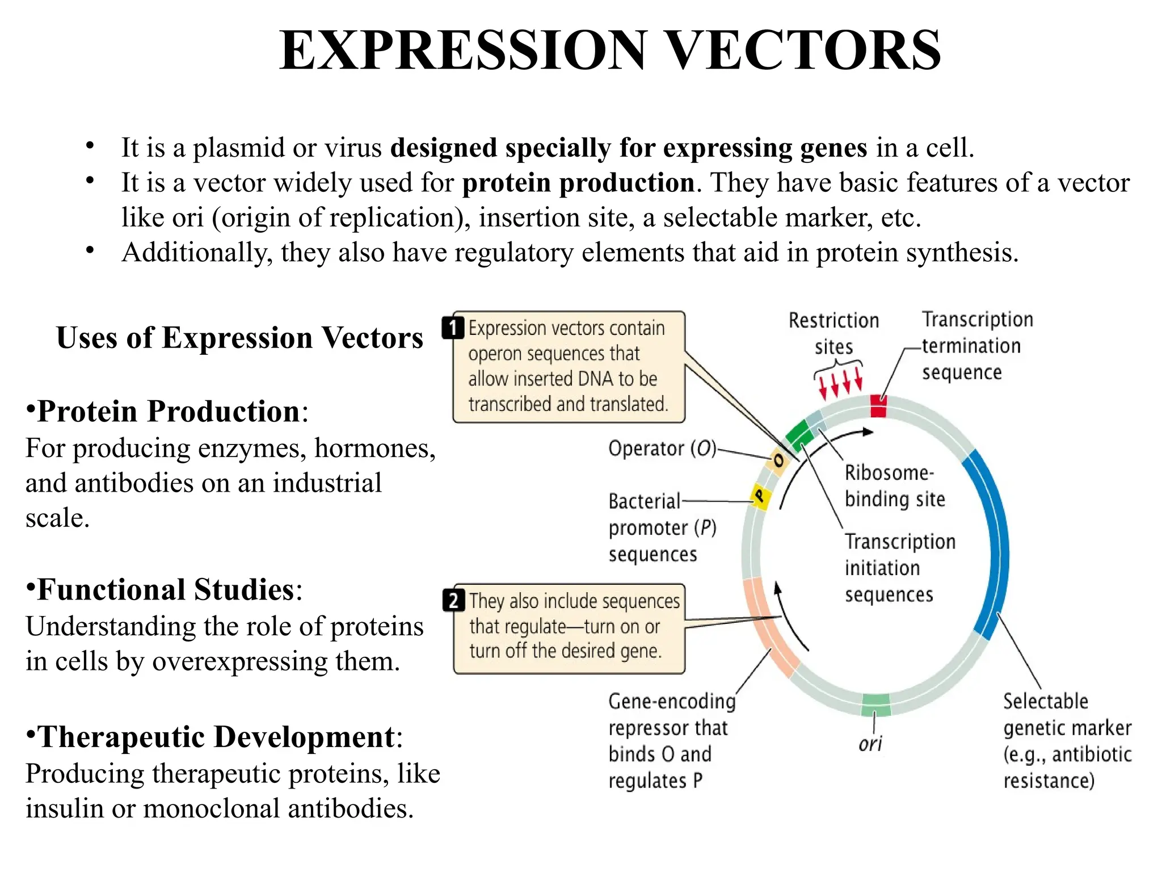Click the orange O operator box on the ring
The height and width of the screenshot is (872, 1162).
(x=778, y=460)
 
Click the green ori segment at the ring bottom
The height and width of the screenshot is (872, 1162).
(x=876, y=705)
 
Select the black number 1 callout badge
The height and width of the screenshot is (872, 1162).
(x=453, y=328)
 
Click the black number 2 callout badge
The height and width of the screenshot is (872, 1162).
(x=453, y=600)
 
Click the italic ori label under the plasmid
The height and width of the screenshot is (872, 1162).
(x=870, y=744)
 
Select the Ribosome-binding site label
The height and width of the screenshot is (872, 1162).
(x=894, y=486)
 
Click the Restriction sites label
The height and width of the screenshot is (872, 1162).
(x=833, y=333)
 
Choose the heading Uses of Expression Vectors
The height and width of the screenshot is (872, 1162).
(x=239, y=338)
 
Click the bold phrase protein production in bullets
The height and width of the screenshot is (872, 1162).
(x=578, y=183)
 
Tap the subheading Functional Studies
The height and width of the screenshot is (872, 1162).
(x=166, y=589)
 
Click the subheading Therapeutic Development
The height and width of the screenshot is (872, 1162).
(x=216, y=737)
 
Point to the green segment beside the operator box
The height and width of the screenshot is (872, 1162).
(x=799, y=434)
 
